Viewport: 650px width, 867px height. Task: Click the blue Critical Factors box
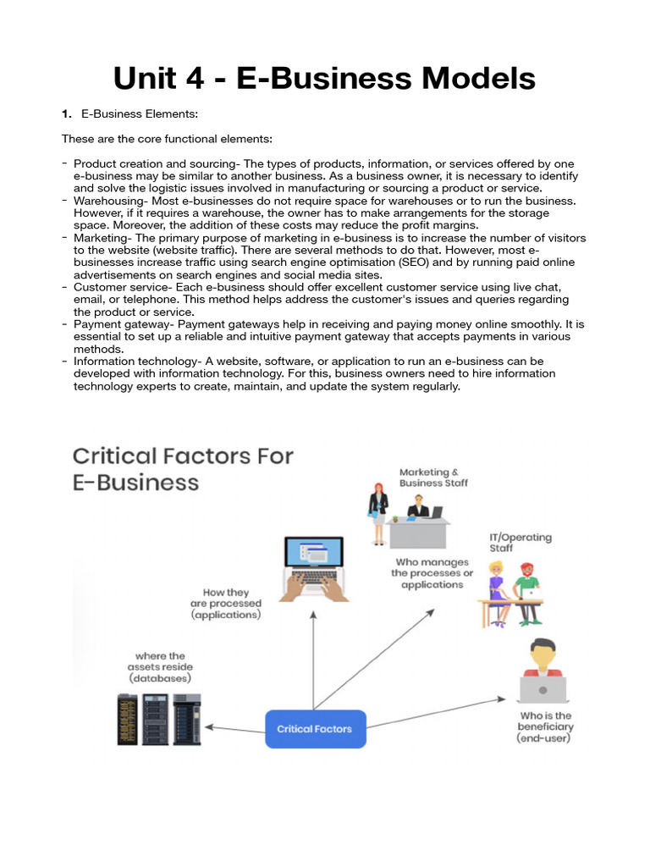coord(315,728)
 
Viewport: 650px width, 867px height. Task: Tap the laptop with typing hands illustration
coord(312,570)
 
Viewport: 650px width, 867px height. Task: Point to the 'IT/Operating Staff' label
coord(520,543)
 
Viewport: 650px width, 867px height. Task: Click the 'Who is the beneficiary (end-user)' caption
coord(546,726)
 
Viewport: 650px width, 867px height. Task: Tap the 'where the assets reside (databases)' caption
coord(160,667)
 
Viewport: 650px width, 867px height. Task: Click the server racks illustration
coord(159,719)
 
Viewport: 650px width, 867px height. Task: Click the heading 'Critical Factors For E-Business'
coord(183,468)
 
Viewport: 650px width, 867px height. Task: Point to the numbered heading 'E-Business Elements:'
coord(139,113)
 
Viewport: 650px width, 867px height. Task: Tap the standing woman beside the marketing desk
coord(377,512)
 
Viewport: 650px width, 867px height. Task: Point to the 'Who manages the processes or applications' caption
coord(432,573)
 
